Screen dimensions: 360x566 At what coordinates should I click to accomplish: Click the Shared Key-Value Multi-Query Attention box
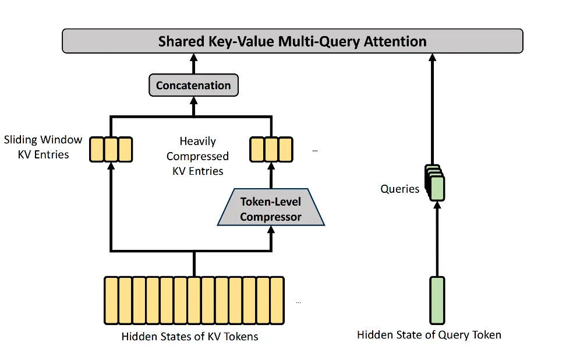point(292,41)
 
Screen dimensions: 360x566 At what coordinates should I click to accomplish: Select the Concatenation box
point(193,86)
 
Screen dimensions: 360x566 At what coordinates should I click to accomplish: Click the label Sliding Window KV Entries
point(43,147)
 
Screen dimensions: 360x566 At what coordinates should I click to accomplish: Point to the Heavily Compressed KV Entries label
point(197,156)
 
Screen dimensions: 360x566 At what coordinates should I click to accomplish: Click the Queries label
point(399,189)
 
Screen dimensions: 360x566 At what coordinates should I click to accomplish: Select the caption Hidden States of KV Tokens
point(190,336)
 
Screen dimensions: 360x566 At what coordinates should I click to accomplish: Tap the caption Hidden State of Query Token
point(429,334)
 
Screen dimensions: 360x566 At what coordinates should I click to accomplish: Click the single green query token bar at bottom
point(437,300)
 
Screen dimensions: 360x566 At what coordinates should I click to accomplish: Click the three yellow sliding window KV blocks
point(111,149)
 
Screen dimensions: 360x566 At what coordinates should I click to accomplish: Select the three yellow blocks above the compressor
point(271,149)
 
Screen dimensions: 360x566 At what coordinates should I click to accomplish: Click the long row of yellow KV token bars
point(194,300)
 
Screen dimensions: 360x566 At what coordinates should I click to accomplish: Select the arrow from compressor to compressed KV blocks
point(271,175)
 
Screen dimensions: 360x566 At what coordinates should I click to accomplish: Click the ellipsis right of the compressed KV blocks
point(315,150)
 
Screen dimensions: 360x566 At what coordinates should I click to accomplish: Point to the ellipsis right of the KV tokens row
point(299,302)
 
